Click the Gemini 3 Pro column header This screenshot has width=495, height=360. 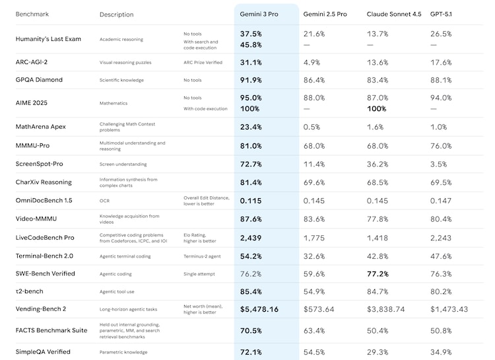(259, 14)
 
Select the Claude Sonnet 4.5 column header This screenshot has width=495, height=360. (393, 14)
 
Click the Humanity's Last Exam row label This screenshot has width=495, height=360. (48, 39)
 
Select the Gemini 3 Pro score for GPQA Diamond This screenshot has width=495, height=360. (251, 80)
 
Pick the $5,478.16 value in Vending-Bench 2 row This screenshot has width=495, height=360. (259, 309)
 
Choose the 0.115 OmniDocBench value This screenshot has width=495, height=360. (251, 200)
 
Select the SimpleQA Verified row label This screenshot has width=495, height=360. (43, 351)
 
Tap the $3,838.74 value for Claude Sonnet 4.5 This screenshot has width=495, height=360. (389, 309)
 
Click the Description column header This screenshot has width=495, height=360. (116, 15)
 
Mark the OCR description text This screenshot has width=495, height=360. (104, 200)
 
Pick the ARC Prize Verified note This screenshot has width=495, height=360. (203, 63)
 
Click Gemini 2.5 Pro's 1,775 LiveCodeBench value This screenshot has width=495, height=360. (314, 237)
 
